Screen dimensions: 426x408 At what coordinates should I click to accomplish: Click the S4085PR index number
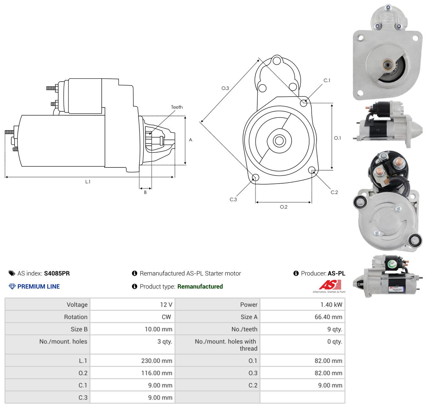(57, 273)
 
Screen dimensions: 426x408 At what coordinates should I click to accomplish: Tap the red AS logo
(330, 285)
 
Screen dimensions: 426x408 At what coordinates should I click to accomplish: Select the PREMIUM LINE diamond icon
(12, 287)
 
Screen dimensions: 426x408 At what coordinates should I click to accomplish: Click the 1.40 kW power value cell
(302, 304)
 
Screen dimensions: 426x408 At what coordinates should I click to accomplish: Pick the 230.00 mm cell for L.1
(132, 360)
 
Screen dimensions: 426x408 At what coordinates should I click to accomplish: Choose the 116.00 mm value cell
(132, 373)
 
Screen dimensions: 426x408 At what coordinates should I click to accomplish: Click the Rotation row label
(76, 317)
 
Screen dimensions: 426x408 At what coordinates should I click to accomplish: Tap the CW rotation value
(166, 317)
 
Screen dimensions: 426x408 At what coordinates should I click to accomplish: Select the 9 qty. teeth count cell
(302, 329)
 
